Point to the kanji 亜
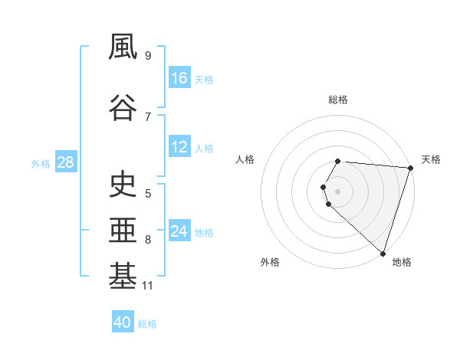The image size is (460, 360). pos(123,231)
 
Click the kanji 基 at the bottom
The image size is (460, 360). pos(123,277)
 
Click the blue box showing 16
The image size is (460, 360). pos(179,78)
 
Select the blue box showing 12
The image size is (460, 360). pos(179,147)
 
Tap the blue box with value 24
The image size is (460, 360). pos(179,231)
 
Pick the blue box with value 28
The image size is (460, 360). pos(64,162)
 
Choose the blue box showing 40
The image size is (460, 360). pos(123,322)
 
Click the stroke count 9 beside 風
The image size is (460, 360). pos(148,55)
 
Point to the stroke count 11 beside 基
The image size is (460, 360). pos(148,286)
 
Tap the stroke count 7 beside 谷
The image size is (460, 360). pos(148,116)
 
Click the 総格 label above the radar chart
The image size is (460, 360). pos(338,100)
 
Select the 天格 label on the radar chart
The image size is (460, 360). pos(431,159)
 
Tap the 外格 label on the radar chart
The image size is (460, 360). pos(270,262)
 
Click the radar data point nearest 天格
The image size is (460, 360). pos(410,168)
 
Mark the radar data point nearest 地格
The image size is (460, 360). pos(383,253)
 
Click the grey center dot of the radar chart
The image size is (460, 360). pos(338,190)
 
